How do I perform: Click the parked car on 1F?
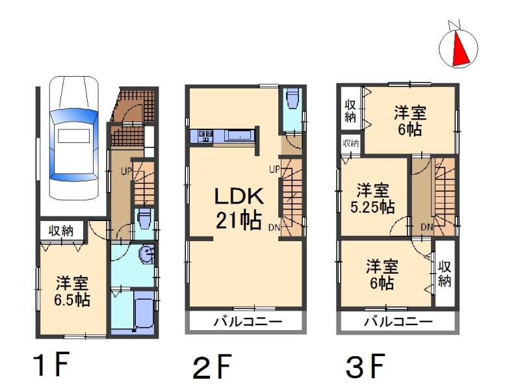point(73,138)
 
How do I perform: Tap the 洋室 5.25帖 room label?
point(373,199)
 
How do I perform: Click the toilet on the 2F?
point(292,99)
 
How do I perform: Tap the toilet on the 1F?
point(144,217)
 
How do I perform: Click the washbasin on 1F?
point(148,255)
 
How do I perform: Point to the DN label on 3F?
point(426,227)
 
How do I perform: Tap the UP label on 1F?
point(125,172)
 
